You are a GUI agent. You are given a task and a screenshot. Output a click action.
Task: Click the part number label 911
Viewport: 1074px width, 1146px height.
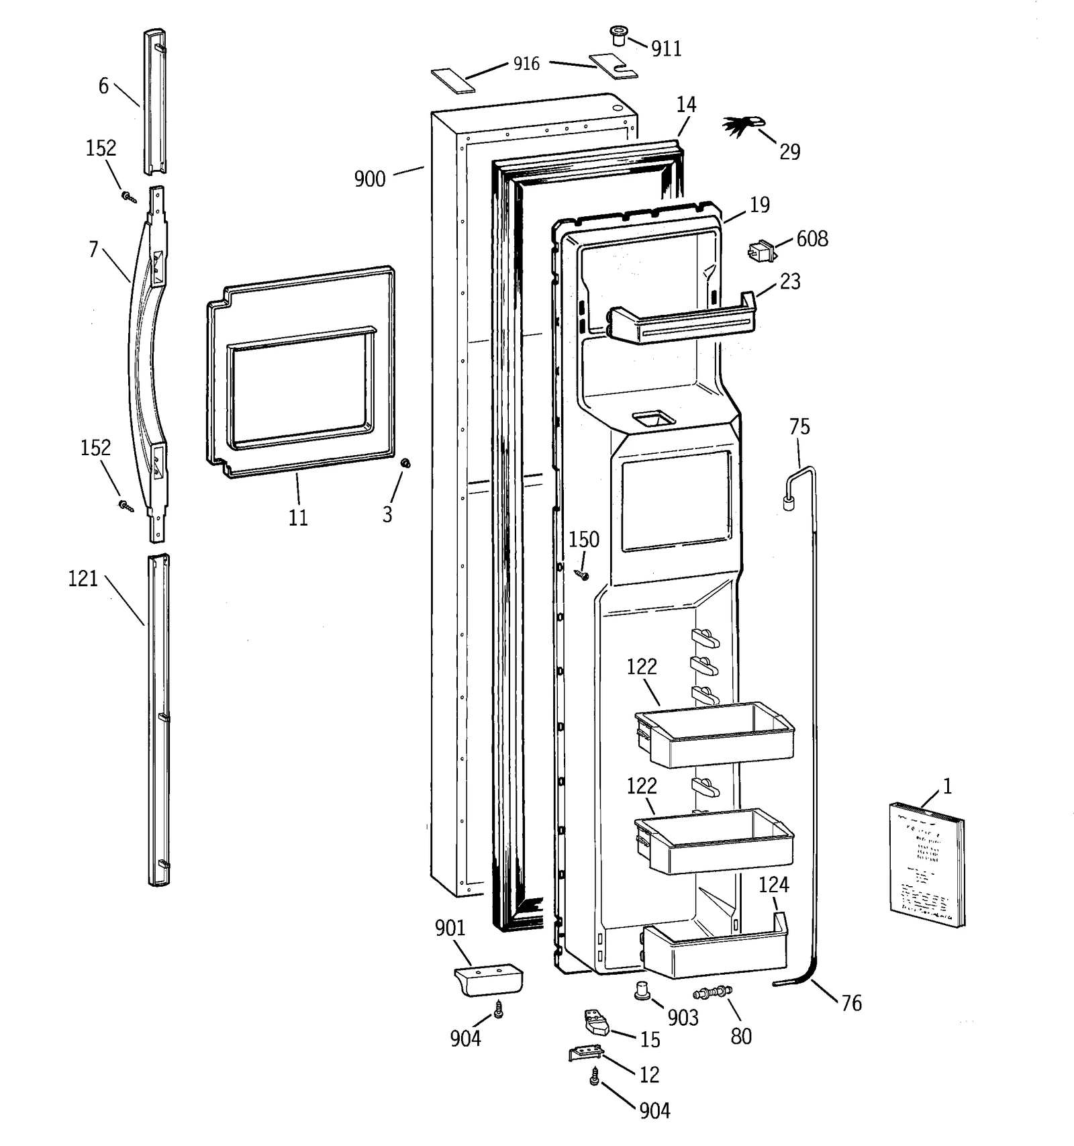point(666,49)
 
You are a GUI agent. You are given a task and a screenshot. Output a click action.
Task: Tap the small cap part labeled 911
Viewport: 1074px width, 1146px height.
point(618,35)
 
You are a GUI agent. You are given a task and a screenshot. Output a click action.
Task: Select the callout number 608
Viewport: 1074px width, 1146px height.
point(812,239)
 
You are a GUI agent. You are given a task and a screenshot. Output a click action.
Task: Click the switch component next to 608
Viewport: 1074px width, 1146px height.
point(761,252)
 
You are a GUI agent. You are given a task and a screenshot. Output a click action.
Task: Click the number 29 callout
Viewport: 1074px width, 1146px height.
point(789,152)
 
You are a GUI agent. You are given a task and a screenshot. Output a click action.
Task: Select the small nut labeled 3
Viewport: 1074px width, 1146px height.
point(405,463)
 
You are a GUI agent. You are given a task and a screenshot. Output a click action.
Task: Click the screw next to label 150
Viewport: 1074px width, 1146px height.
point(582,575)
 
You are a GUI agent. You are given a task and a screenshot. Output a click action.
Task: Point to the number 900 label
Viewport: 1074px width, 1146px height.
point(370,179)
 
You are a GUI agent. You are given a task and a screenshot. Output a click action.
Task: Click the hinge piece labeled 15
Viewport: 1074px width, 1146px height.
point(593,1023)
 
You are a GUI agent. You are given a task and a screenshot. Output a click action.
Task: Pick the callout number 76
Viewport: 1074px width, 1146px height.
point(851,1003)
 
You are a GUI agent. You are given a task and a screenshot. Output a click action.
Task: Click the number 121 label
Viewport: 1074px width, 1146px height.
point(83,579)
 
